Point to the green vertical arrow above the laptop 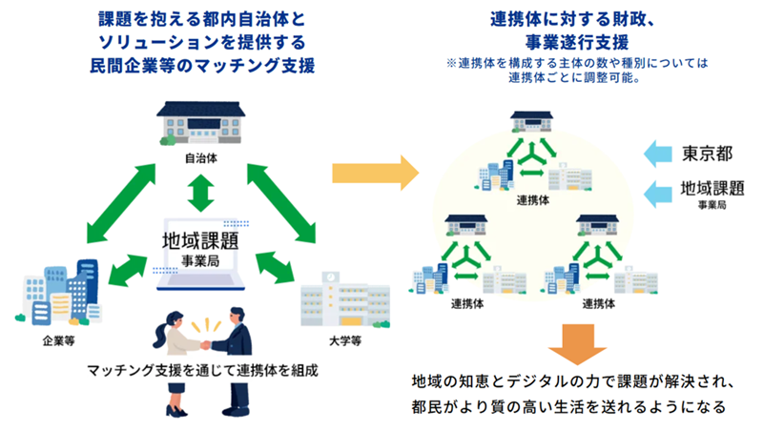point(199,194)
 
